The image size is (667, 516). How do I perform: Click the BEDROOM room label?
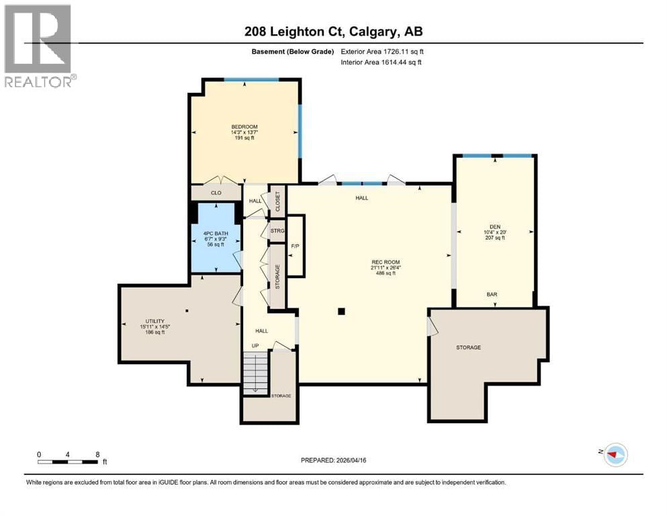pos(244,127)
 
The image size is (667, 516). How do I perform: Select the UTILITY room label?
pos(154,321)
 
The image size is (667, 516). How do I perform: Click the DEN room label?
pos(495,226)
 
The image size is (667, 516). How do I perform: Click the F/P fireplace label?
pos(295,246)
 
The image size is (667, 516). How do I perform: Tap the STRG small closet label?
pos(277,231)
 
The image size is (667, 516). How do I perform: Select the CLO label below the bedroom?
pos(216,193)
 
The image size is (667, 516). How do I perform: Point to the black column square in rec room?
pos(342,311)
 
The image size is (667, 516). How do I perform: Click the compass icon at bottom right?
pos(615,455)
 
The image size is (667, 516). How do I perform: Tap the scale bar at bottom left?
pos(69,461)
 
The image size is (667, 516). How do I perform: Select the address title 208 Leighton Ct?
pos(333,32)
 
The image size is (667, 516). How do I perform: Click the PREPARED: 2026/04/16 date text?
pos(334,460)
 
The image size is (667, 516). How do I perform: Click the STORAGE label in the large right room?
pos(468,347)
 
